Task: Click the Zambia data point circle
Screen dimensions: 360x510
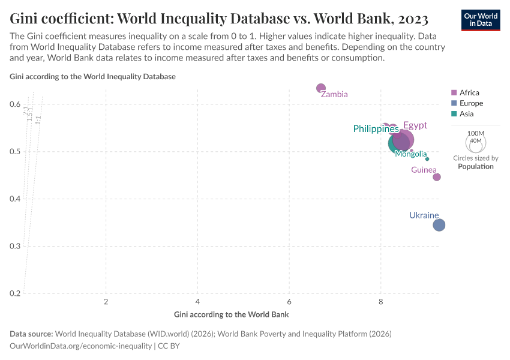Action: pos(321,88)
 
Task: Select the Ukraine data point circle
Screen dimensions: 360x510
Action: pos(439,225)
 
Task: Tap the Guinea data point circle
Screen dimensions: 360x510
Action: pos(437,177)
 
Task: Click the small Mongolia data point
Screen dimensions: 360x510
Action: pos(427,159)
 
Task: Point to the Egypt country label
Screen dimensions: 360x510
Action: pos(415,125)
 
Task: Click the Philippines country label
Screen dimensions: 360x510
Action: pos(376,129)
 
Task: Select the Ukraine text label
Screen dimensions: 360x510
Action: pos(424,215)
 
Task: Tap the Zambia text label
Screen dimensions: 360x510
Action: pos(334,94)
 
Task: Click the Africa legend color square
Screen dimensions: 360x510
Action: pos(454,93)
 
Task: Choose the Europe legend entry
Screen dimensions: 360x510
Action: pos(471,103)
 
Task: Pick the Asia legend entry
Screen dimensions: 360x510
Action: pos(466,113)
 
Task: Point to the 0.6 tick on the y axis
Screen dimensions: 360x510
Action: pos(15,104)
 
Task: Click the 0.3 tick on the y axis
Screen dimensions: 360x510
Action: pos(15,246)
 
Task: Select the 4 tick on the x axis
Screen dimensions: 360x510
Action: pos(197,301)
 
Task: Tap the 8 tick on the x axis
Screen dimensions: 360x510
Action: pos(380,301)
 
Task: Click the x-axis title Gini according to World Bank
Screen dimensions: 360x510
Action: pos(231,314)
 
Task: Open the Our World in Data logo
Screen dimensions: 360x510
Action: pos(480,20)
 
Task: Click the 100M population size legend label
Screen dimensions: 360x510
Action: pos(475,133)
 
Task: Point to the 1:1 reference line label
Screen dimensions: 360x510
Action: pos(38,119)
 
